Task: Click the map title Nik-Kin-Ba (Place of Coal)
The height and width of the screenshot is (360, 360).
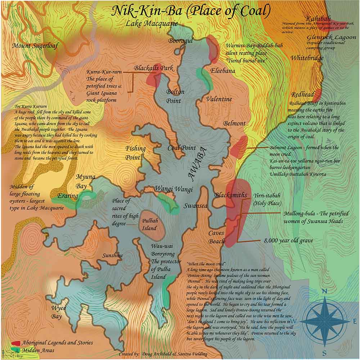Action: [191, 12]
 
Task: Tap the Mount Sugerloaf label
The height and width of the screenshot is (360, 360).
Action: [35, 46]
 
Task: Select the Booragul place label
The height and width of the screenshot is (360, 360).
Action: [181, 41]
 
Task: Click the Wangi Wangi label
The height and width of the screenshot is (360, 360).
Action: [168, 189]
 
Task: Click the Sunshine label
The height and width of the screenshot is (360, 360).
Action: [112, 256]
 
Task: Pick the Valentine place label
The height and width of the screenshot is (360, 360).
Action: [219, 99]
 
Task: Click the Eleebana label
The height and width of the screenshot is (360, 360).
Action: [223, 71]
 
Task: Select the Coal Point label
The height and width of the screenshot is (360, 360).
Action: [182, 148]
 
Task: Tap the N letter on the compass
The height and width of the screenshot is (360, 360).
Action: [324, 292]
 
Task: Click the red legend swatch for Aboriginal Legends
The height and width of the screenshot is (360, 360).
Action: [16, 343]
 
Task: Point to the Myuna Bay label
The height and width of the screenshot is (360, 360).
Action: [85, 180]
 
